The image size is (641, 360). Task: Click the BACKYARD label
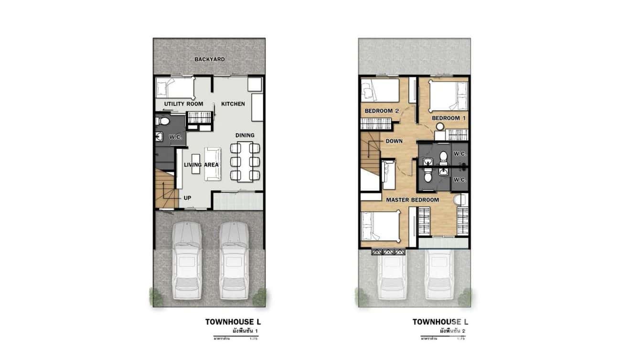click(209, 59)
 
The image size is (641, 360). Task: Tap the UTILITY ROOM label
click(183, 104)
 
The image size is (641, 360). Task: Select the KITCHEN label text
click(233, 104)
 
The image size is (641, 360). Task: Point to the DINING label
click(245, 136)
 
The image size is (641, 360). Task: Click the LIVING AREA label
click(201, 165)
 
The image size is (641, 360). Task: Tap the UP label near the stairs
click(188, 197)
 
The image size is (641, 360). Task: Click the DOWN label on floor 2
click(394, 141)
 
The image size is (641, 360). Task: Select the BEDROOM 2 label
click(382, 111)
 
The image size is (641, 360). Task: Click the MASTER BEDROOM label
click(412, 200)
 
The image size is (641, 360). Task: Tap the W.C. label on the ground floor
click(175, 138)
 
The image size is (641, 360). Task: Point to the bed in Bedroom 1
click(448, 96)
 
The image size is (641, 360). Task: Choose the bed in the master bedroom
click(380, 226)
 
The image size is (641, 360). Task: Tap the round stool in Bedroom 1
click(439, 127)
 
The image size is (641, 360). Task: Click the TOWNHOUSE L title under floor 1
click(233, 322)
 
